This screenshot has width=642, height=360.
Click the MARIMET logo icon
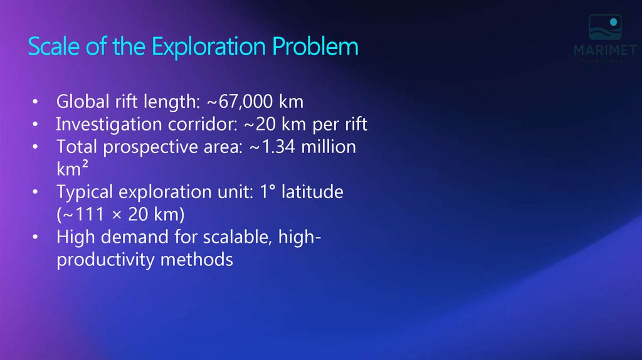[x=604, y=29]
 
